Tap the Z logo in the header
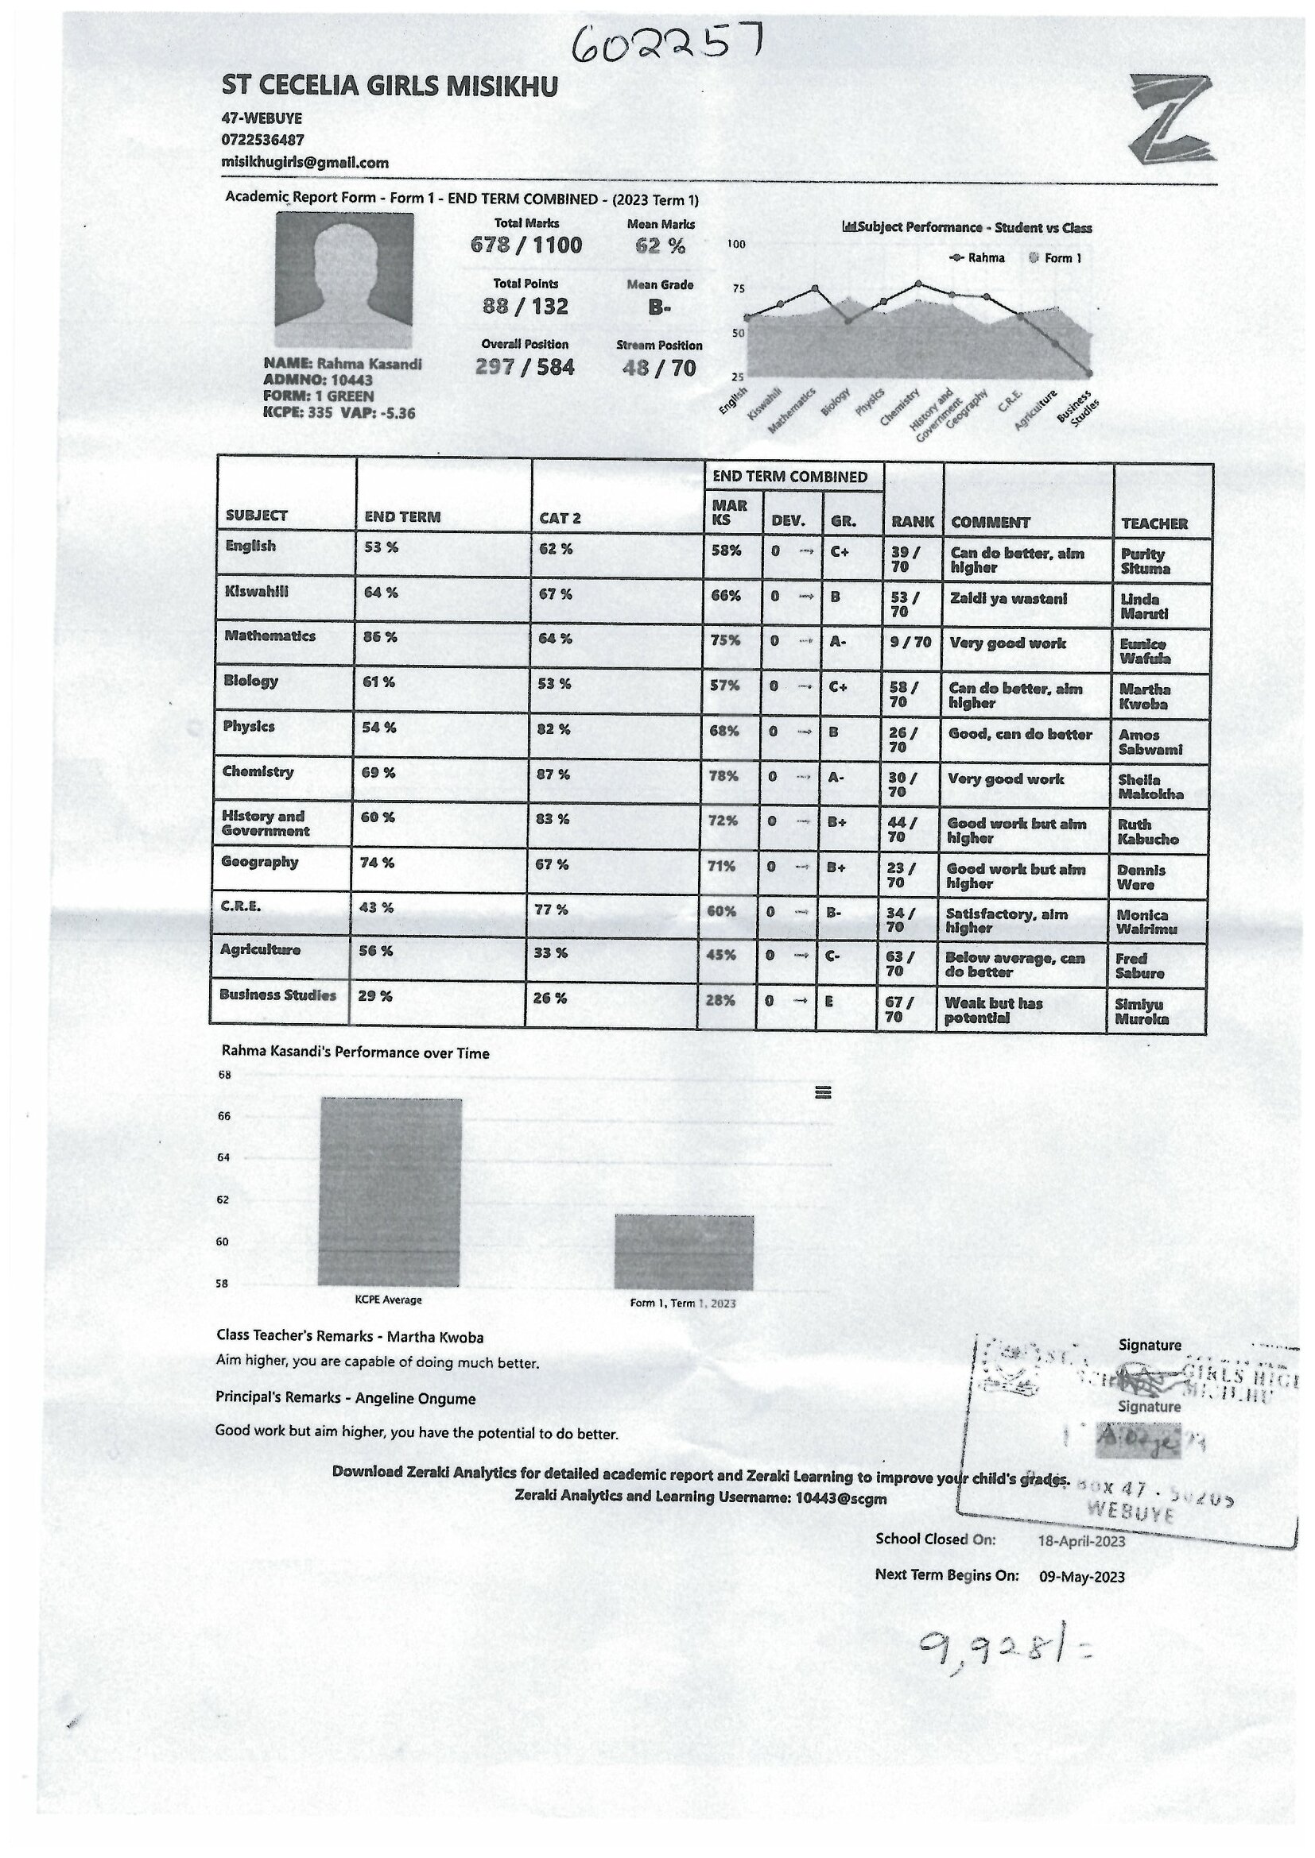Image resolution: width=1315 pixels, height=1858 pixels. (x=1170, y=118)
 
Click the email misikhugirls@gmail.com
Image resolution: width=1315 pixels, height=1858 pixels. (x=305, y=163)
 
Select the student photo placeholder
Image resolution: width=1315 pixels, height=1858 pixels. (x=345, y=280)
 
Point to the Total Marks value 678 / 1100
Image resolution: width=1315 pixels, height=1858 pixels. (x=526, y=245)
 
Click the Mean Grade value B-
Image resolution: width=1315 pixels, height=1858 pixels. (x=660, y=307)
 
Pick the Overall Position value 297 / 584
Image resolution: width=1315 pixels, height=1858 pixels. (x=525, y=368)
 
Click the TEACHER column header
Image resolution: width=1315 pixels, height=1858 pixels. (x=1154, y=523)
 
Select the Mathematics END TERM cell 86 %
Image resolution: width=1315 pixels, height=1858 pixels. (x=380, y=638)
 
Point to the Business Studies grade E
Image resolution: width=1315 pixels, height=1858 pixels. (x=828, y=1001)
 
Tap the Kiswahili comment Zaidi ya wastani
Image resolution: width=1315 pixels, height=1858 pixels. (x=1008, y=599)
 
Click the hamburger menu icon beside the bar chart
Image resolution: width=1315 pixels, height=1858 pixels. (x=823, y=1092)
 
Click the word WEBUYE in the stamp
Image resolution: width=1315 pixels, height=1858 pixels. (x=1131, y=1509)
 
